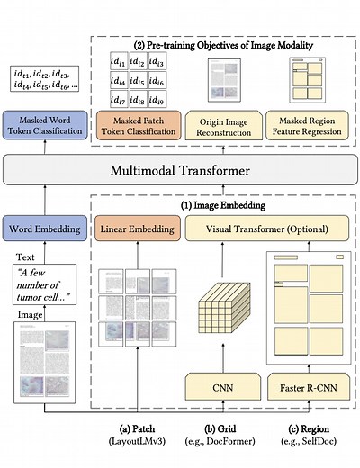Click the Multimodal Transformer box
[x=180, y=170]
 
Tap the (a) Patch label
[x=134, y=431]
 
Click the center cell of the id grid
[x=134, y=78]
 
